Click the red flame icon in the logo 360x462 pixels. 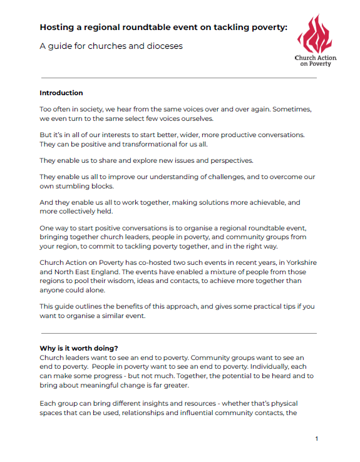[x=315, y=35]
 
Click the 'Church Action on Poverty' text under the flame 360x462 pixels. [x=316, y=61]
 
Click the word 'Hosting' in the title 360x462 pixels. [x=56, y=27]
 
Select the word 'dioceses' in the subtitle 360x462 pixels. [x=162, y=46]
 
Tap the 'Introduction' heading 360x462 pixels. [x=61, y=93]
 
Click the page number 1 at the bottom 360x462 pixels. [x=317, y=439]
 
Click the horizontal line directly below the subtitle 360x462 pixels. [x=178, y=78]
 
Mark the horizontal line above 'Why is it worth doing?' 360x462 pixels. [x=178, y=334]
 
